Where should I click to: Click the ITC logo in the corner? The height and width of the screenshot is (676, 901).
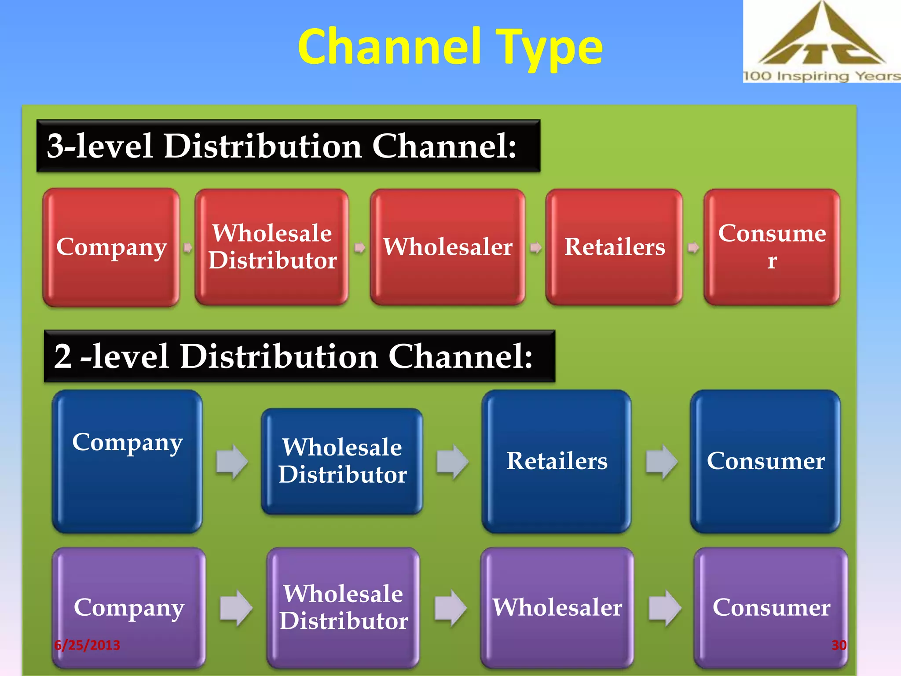coord(821,41)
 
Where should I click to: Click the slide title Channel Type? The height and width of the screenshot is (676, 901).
coord(450,47)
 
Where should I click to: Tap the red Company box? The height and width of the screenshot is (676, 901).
coord(111,247)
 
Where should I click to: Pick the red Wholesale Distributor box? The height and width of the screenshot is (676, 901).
coord(272,247)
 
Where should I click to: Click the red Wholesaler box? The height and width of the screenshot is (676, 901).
coord(447,247)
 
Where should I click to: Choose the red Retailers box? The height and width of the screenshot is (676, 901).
coord(614,247)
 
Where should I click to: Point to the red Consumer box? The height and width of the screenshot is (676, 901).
coord(772,247)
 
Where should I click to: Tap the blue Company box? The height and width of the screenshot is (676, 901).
coord(127,461)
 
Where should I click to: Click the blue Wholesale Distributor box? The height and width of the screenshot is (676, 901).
coord(342,461)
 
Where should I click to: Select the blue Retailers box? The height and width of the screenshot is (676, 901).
coord(557,461)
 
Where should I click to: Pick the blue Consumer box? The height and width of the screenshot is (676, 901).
coord(765,461)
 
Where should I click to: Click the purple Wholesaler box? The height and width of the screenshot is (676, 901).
coord(557,608)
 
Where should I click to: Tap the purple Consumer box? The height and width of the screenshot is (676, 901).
coord(771,608)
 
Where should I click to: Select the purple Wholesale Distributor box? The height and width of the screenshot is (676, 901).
coord(343,608)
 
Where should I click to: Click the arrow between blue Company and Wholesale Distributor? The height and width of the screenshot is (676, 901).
coord(232,462)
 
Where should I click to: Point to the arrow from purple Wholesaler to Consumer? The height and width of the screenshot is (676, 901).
coord(665,608)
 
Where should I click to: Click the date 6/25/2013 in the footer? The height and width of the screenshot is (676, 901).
coord(87,645)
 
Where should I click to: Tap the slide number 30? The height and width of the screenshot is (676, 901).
coord(839,645)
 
